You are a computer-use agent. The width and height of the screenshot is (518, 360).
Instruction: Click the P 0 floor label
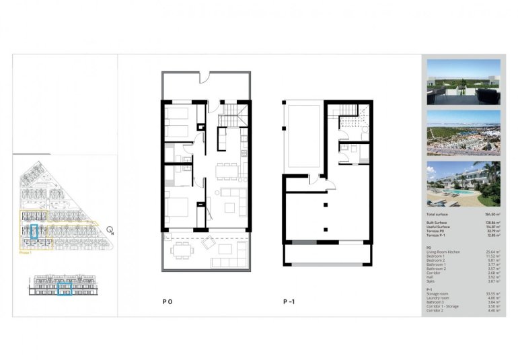point(167,301)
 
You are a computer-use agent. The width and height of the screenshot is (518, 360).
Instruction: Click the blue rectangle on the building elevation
point(65,289)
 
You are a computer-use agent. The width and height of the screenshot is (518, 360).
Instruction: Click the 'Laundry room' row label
point(439,298)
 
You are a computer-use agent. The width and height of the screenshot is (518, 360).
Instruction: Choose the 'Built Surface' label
point(439,221)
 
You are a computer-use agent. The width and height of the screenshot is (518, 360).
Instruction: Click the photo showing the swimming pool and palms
point(464,184)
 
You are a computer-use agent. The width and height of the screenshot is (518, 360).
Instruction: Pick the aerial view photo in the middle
point(464,133)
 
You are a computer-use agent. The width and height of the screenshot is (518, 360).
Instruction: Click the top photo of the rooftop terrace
point(464,82)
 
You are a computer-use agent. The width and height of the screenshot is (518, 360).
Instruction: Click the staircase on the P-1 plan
point(348,115)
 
